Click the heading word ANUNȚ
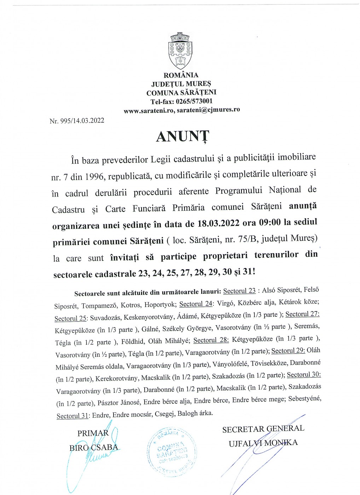(x=183, y=136)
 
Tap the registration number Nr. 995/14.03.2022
(x=77, y=121)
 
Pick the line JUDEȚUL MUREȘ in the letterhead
(x=181, y=84)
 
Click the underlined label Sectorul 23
(x=239, y=291)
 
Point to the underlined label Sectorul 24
(x=196, y=304)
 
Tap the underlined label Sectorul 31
(x=72, y=416)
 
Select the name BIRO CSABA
(x=93, y=447)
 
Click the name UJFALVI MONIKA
(x=263, y=443)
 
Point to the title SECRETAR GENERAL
(x=263, y=429)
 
